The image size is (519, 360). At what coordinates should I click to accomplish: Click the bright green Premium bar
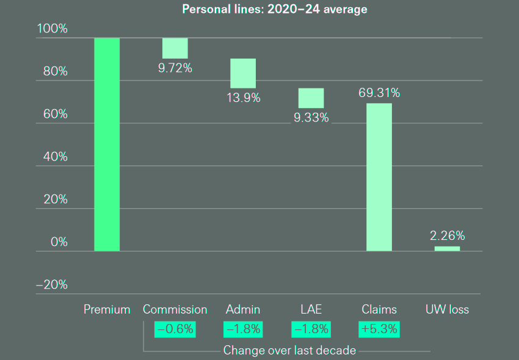coord(107,144)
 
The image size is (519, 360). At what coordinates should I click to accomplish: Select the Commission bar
coord(175,48)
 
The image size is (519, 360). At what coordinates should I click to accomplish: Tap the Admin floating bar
coord(242,73)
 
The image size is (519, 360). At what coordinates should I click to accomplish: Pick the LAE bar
coord(311,98)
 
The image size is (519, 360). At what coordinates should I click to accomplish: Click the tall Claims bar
coord(379,177)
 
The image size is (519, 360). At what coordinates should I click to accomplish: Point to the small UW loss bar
coord(447,248)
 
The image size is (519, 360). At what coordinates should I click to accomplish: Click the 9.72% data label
coord(175,68)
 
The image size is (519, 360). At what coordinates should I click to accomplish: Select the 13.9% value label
coord(243,97)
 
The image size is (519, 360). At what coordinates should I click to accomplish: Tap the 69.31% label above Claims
coord(379,93)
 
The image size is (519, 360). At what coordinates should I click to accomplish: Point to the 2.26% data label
coord(447,236)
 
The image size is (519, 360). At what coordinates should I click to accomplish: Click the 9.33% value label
coord(311,118)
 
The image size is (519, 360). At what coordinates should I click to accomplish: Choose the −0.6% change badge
coord(175,329)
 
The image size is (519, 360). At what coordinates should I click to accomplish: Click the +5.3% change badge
coord(379,329)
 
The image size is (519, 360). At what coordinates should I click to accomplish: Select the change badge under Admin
coord(243,329)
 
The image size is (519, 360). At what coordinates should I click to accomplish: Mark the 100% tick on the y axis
coord(52,29)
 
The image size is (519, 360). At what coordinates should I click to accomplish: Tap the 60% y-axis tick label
coord(54,114)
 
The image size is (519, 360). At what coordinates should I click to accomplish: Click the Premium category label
coord(107,309)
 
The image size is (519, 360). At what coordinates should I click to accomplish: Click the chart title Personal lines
coord(275,10)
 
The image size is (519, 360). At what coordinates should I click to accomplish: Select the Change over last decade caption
coord(289,350)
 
